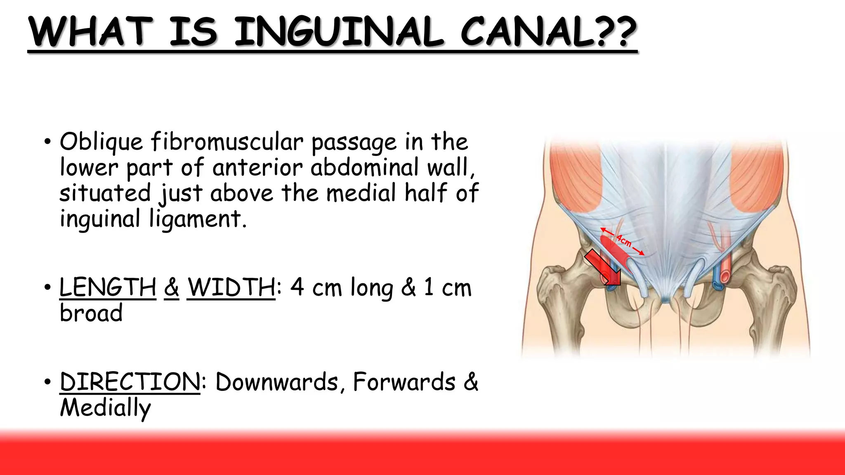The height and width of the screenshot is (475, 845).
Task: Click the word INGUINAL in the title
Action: click(x=338, y=32)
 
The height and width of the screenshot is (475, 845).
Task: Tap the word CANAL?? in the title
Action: click(x=549, y=32)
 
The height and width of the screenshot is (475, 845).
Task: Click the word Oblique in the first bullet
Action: click(x=101, y=143)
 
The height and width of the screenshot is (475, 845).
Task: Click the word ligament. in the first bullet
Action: click(x=198, y=219)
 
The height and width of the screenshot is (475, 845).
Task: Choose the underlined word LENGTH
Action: click(x=108, y=287)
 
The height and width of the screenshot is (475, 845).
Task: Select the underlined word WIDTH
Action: click(x=231, y=287)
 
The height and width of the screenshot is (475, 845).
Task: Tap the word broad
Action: click(x=91, y=313)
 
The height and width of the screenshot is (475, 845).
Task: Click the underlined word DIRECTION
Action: click(x=130, y=382)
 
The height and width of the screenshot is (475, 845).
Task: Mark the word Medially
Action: click(x=105, y=408)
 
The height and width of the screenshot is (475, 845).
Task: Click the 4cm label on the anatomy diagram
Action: click(x=624, y=240)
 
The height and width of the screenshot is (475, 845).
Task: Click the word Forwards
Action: click(x=404, y=382)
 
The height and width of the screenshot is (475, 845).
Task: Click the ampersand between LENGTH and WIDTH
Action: click(x=171, y=287)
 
